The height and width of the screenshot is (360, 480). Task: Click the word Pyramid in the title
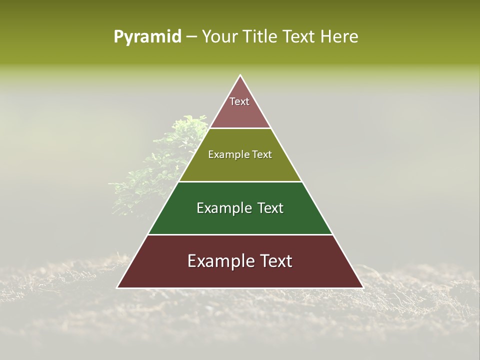pyautogui.click(x=147, y=36)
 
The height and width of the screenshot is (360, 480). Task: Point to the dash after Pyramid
pyautogui.click(x=191, y=37)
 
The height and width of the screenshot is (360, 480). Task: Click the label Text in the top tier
pyautogui.click(x=239, y=101)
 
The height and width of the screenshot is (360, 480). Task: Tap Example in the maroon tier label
pyautogui.click(x=219, y=261)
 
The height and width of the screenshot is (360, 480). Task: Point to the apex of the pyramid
pyautogui.click(x=240, y=76)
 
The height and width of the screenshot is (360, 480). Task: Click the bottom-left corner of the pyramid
pyautogui.click(x=118, y=287)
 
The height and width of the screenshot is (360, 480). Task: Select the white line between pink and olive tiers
pyautogui.click(x=240, y=128)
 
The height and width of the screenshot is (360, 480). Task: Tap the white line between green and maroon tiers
pyautogui.click(x=240, y=234)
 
